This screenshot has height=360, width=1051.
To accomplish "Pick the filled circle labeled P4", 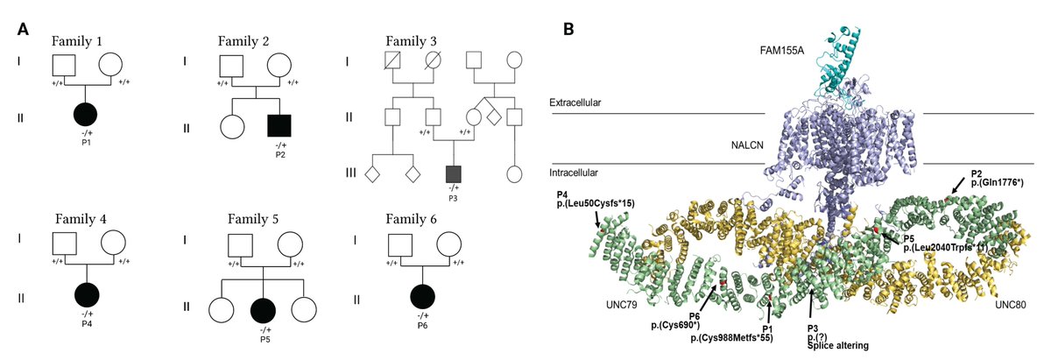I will (x=86, y=298).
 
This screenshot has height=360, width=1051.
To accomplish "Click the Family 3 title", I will (x=425, y=40).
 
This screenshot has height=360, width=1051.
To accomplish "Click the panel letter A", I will (x=25, y=28).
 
